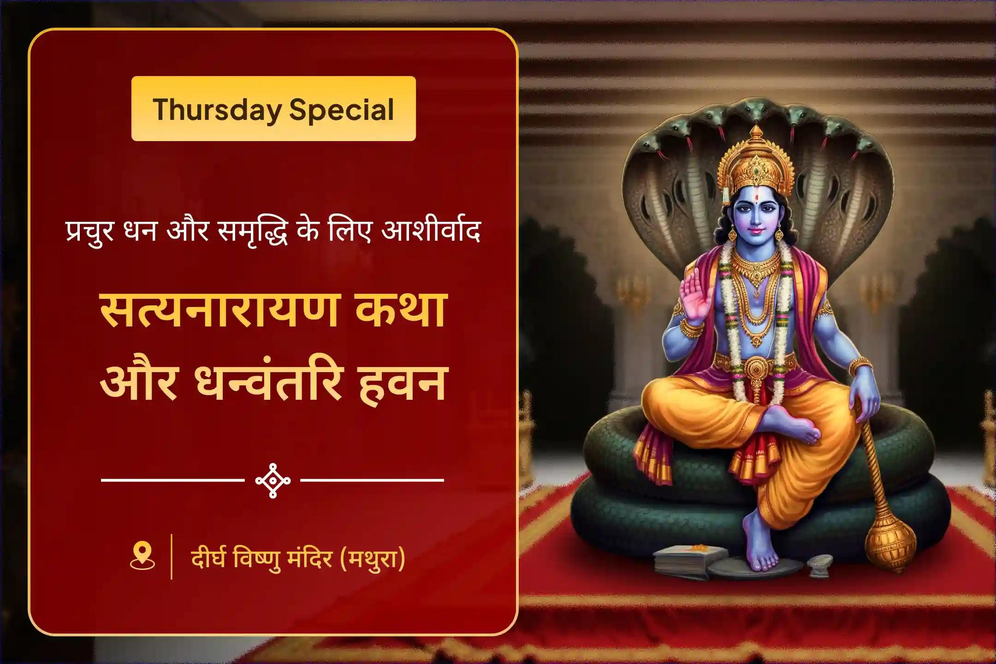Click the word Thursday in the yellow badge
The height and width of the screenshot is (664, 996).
(217, 110)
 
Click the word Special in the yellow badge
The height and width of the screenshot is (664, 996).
(342, 110)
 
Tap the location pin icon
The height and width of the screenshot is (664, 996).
(142, 556)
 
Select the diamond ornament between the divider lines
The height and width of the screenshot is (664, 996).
(273, 480)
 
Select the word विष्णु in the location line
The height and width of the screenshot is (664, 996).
(257, 559)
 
